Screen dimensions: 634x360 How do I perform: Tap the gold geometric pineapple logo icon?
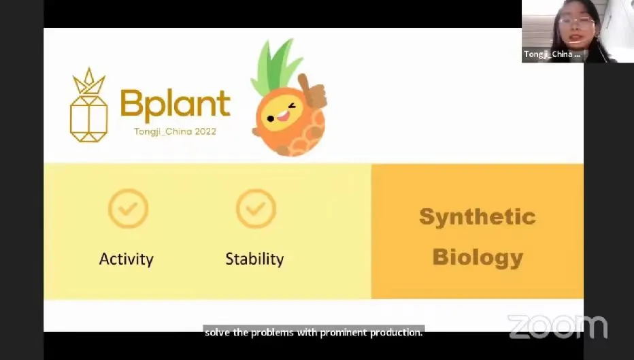pyautogui.click(x=89, y=105)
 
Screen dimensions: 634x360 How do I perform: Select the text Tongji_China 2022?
pyautogui.click(x=175, y=131)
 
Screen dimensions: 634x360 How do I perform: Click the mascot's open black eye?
pyautogui.click(x=271, y=118)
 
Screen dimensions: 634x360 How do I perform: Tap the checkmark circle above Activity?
pyautogui.click(x=128, y=209)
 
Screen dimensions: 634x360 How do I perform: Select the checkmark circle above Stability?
pyautogui.click(x=256, y=209)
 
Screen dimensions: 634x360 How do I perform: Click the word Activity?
pyautogui.click(x=126, y=259)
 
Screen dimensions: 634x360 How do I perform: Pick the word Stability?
pyautogui.click(x=254, y=259)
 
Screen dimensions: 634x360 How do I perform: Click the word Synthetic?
pyautogui.click(x=478, y=217)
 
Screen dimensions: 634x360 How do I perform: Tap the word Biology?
pyautogui.click(x=478, y=258)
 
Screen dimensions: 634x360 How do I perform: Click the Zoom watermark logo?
pyautogui.click(x=558, y=327)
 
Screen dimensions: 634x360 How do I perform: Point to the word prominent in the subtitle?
pyautogui.click(x=344, y=333)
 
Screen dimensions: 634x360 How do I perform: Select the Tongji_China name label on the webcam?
pyautogui.click(x=552, y=54)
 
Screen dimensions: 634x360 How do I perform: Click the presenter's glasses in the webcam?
pyautogui.click(x=576, y=22)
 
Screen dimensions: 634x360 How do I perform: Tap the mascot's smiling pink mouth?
pyautogui.click(x=284, y=116)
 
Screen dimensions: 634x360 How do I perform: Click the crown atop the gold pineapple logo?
pyautogui.click(x=89, y=81)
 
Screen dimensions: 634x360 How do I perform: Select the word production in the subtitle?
pyautogui.click(x=396, y=333)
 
